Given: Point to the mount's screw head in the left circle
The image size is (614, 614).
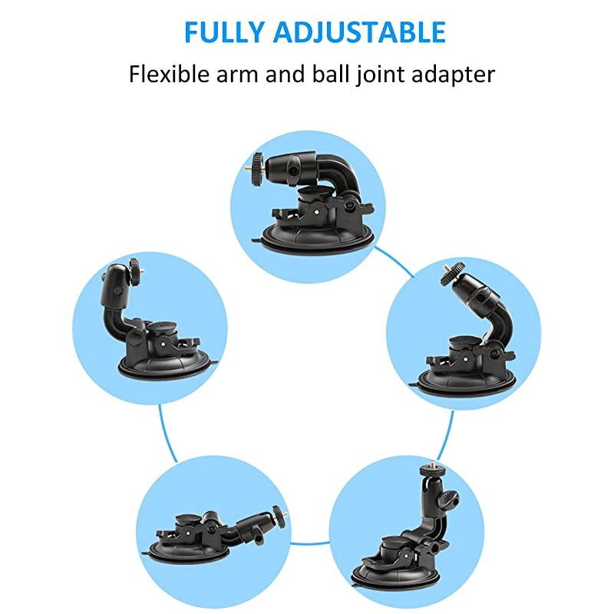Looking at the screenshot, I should (x=136, y=267).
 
